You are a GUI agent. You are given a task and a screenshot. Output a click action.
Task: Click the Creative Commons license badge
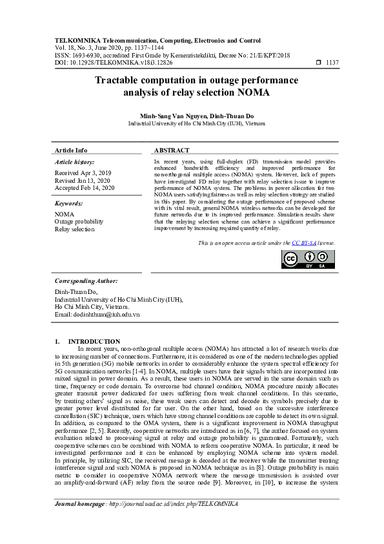(308, 258)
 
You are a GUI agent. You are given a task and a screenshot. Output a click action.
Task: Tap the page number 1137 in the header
(333, 63)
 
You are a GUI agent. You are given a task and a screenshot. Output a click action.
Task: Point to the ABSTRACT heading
(172, 150)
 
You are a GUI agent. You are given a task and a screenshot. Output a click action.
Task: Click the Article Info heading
(71, 150)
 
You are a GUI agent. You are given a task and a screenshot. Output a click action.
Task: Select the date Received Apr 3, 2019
(83, 173)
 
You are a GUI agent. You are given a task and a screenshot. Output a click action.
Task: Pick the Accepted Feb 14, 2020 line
(85, 188)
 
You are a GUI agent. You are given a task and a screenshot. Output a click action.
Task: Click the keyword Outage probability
(79, 221)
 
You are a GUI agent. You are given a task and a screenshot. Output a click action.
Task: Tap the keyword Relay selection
(74, 229)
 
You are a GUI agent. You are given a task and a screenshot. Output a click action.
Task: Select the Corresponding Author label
(86, 281)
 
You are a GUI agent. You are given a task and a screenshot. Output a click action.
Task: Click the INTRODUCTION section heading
(94, 341)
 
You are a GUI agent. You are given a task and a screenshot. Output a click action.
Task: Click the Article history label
(75, 162)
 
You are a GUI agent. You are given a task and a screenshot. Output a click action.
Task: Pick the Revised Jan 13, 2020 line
(83, 181)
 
